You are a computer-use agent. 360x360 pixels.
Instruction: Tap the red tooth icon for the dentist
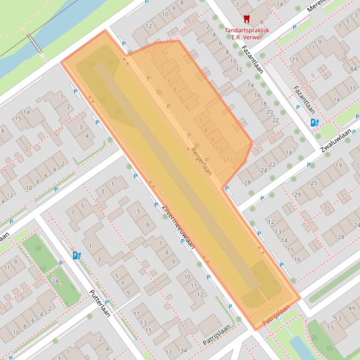[246, 19]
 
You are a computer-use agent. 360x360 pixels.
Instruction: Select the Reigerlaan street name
[202, 162]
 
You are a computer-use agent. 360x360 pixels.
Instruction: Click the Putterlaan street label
[100, 303]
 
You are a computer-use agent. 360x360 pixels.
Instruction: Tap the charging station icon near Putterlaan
[76, 255]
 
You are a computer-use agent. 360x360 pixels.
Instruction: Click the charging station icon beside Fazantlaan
[315, 122]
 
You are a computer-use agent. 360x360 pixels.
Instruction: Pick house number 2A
[55, 281]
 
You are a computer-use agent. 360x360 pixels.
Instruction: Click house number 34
[184, 351]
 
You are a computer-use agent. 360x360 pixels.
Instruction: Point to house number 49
[352, 309]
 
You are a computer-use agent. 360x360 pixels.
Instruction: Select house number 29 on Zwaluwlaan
[297, 194]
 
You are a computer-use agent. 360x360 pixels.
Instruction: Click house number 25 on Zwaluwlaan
[314, 183]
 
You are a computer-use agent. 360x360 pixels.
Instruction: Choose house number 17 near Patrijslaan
[169, 353]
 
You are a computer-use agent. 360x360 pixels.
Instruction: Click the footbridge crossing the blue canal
[36, 43]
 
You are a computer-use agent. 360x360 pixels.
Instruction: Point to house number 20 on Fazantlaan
[269, 112]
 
